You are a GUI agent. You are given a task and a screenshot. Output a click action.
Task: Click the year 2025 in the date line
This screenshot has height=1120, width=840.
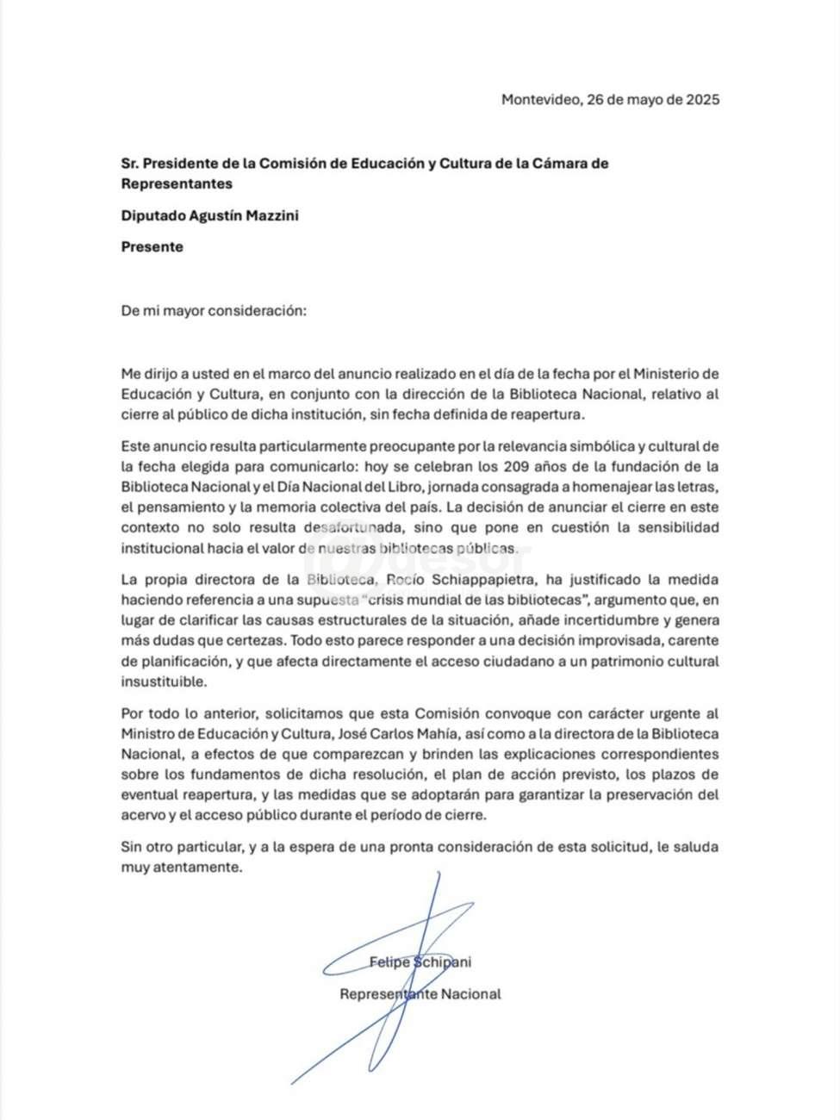[x=702, y=99]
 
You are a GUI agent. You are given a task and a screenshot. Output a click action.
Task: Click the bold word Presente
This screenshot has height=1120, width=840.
[x=152, y=247]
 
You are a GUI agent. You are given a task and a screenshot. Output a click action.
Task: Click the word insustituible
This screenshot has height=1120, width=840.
[x=165, y=681]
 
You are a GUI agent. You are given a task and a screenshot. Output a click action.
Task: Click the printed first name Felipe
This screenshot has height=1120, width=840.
[x=389, y=962]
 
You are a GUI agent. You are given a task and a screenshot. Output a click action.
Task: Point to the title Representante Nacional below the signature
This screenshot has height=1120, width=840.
[x=420, y=994]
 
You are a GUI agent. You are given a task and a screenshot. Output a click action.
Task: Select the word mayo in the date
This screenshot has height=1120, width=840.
[x=642, y=99]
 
